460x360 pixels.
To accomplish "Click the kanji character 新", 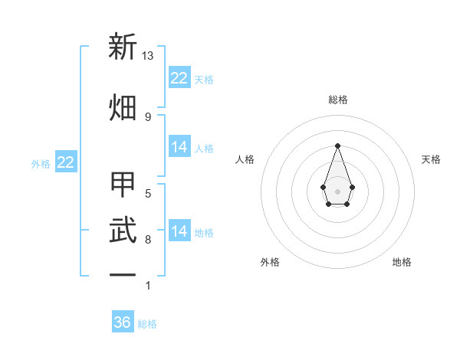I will (123, 47).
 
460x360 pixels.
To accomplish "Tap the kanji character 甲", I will (123, 185).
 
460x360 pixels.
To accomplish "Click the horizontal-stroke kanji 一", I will (123, 274).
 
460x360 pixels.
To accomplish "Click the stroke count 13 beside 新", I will (148, 56).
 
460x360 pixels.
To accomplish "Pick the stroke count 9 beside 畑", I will (148, 116).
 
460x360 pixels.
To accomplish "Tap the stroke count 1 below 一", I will (148, 286).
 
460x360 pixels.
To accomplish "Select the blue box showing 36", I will (123, 322).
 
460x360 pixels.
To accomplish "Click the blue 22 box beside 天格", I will (179, 77).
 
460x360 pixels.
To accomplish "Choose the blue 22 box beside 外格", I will (65, 162).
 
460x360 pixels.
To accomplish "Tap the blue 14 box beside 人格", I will (179, 147).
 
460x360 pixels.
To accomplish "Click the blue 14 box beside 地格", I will (179, 231).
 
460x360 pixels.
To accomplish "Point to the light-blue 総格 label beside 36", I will (147, 324).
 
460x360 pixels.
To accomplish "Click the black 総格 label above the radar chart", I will (337, 100).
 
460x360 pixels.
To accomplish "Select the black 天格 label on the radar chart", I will (431, 159).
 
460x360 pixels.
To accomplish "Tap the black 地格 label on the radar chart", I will (402, 262).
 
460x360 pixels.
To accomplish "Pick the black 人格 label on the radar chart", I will (245, 159).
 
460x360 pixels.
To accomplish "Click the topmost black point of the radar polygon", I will (337, 146).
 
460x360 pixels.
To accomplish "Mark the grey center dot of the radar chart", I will (337, 191).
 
